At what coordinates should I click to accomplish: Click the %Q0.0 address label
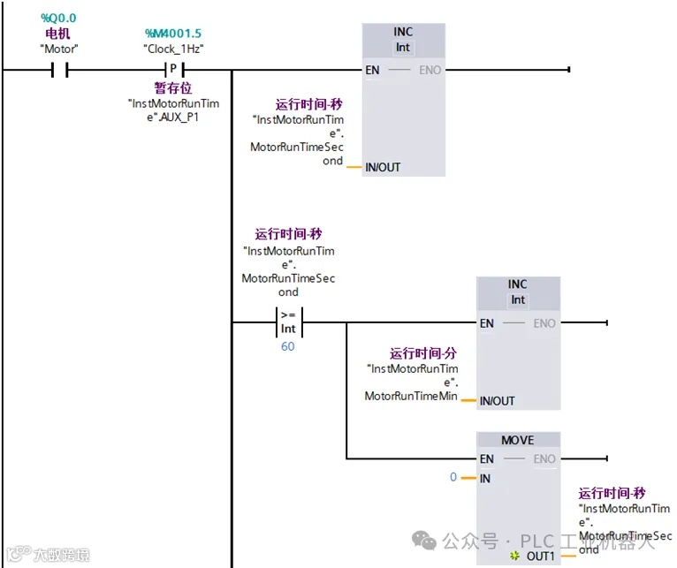coord(59,18)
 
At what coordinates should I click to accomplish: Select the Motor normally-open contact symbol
coord(59,70)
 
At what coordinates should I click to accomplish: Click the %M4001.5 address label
coord(173,34)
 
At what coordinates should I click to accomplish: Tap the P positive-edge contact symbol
coord(173,70)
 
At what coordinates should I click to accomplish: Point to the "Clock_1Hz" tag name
coord(173,49)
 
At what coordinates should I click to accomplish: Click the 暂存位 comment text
coord(173,88)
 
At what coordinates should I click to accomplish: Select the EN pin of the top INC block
coord(373,70)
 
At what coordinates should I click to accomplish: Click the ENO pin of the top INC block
coord(430,70)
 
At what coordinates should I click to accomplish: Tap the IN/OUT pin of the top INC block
coord(383,167)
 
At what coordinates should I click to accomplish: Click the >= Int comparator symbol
coord(288,322)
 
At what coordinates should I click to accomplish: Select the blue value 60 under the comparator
coord(287,346)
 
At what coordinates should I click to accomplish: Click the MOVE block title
coord(517,440)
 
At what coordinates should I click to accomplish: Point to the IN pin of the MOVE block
coord(484,479)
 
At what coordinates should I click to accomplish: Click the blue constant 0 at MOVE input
coord(453,477)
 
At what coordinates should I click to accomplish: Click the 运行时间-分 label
coord(423,353)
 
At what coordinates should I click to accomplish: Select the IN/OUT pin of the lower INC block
coord(497,401)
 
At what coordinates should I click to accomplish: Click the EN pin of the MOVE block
coord(486,458)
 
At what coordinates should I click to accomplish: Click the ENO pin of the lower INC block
coord(544,323)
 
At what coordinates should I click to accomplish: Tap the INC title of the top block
coord(403,32)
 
